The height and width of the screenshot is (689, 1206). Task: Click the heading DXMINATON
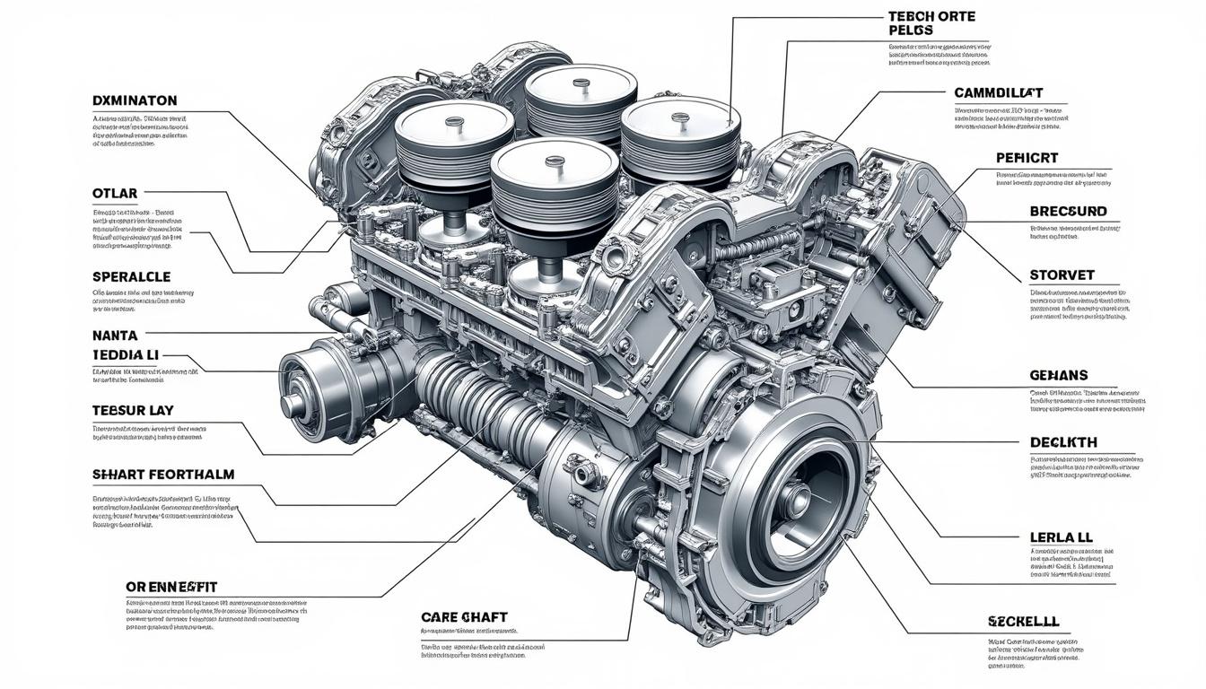pos(135,100)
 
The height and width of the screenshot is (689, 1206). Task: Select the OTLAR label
pos(115,193)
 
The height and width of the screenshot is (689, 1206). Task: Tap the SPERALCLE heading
pos(131,277)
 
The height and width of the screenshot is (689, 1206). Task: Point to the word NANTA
pos(115,336)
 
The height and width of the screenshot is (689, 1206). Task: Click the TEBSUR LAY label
pos(133,410)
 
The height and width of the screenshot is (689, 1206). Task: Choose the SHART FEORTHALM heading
pos(162,475)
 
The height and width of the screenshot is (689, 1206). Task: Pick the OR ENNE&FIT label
pos(171,586)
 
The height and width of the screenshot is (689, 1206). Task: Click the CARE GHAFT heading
pos(464,617)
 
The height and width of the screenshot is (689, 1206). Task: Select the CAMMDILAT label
pos(1010,93)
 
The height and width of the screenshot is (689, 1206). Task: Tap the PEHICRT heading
pos(1027,158)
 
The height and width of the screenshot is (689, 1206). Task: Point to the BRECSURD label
pos(1069,212)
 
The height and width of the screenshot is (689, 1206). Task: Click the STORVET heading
pos(1062,275)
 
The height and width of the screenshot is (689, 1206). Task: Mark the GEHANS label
pos(1059,375)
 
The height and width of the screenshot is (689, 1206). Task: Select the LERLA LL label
pos(1061,536)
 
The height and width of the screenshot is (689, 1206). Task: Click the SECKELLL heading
pos(1023,621)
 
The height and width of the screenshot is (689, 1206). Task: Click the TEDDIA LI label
pos(125,355)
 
